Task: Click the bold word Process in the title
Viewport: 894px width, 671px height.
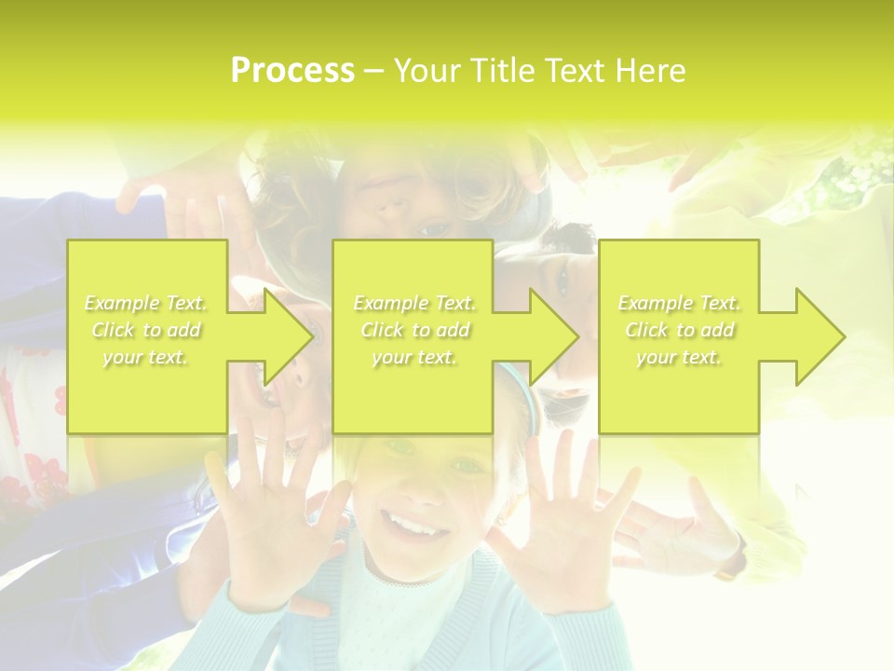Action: coord(292,71)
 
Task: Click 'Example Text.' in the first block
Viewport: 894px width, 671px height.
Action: coord(145,303)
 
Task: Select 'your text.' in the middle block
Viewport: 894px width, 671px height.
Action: coord(413,357)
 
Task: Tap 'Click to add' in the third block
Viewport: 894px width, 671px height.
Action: coord(680,330)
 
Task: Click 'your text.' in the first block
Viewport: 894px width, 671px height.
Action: coord(145,357)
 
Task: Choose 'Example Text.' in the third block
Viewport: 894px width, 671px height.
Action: coord(680,303)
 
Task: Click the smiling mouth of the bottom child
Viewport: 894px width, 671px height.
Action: coord(410,528)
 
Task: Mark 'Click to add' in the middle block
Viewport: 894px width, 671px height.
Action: coord(413,330)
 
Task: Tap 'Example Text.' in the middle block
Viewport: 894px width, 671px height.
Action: coord(413,303)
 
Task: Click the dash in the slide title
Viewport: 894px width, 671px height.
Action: coord(374,71)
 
